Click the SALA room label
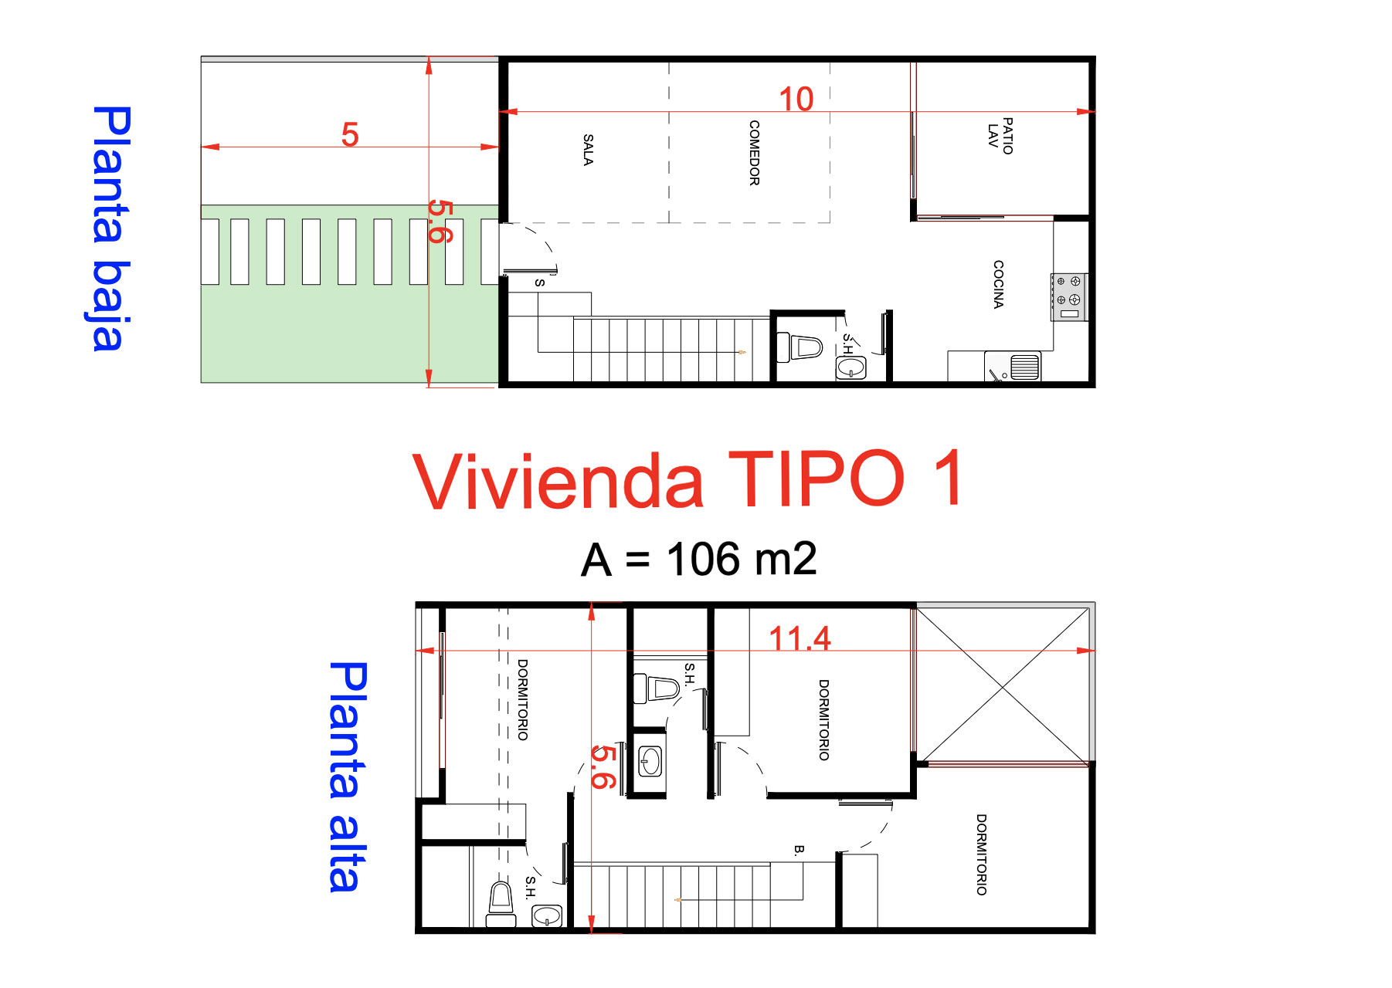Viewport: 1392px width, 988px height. point(588,150)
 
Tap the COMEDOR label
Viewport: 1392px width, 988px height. point(754,153)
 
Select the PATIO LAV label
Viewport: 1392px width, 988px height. point(1000,136)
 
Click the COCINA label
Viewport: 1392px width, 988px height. point(998,284)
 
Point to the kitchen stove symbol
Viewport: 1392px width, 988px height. point(1069,297)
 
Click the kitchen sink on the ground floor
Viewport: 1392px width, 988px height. point(1024,367)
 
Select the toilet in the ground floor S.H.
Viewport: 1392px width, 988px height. point(800,347)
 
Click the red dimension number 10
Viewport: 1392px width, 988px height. point(796,99)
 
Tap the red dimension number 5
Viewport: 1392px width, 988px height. point(350,135)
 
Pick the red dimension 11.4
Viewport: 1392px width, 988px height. point(800,638)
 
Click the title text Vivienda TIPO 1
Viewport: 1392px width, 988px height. point(688,480)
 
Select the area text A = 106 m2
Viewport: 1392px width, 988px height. point(698,560)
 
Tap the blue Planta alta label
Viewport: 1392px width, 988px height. point(347,777)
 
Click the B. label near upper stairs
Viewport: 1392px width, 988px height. point(799,850)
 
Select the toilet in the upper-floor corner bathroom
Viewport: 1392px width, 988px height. point(501,902)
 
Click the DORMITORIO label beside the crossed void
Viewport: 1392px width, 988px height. point(823,719)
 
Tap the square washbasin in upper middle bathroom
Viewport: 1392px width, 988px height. point(650,762)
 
